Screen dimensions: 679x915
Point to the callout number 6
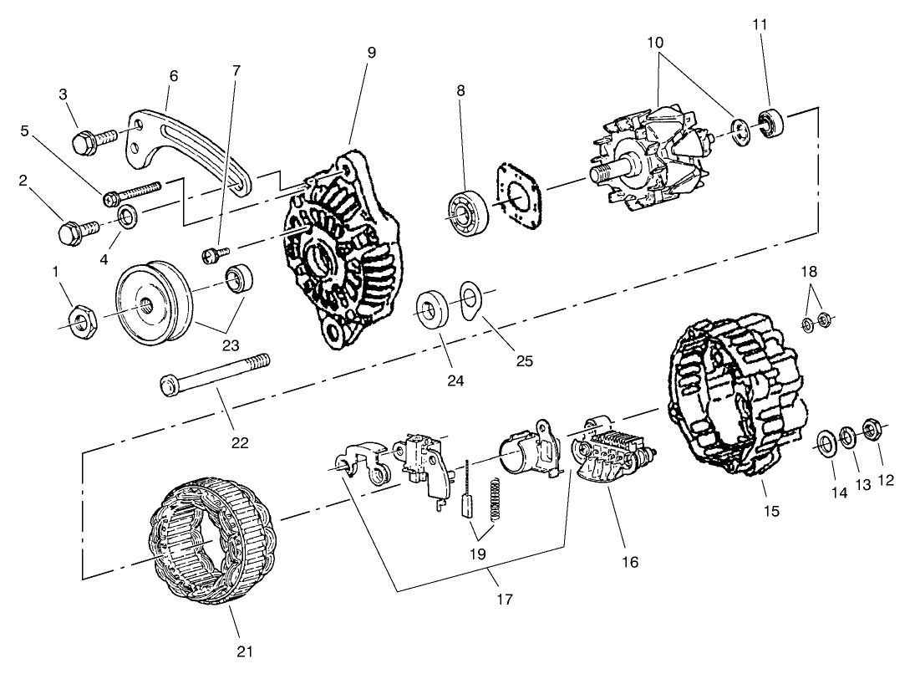(x=174, y=74)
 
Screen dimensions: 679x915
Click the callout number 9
(x=371, y=52)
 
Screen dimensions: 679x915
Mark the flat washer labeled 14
(x=824, y=442)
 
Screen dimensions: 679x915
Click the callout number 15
(x=772, y=510)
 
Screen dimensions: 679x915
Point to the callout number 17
(x=504, y=599)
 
